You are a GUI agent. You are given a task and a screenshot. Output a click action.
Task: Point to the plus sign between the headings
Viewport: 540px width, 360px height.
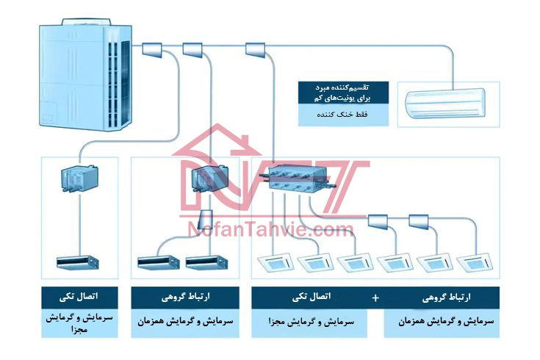[376, 298]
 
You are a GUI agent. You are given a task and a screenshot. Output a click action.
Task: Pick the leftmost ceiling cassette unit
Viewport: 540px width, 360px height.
[277, 262]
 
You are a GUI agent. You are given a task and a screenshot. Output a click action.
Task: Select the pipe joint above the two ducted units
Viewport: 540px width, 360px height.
[206, 220]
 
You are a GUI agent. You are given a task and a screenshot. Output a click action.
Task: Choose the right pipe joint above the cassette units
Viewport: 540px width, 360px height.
[418, 219]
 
